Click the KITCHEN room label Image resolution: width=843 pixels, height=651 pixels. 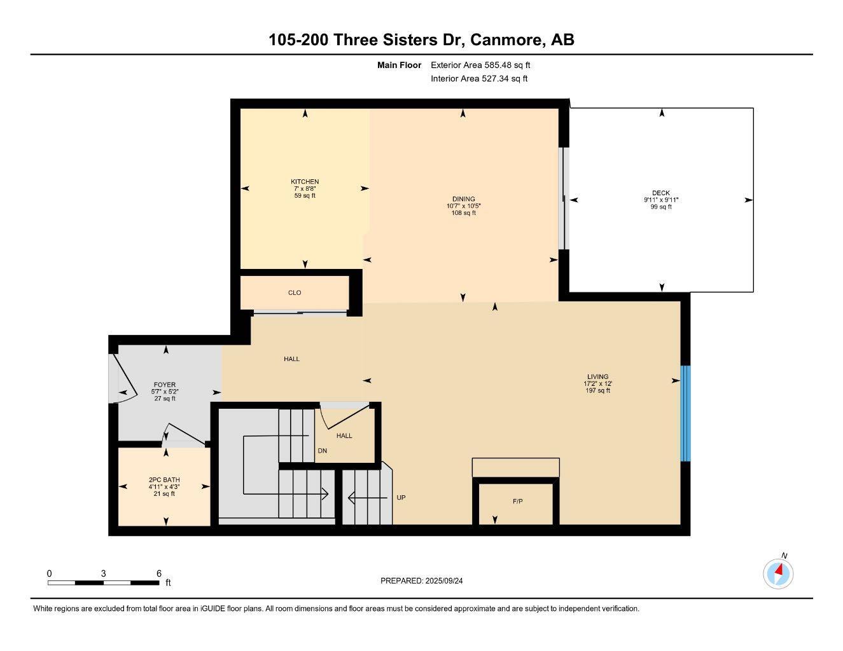click(x=305, y=182)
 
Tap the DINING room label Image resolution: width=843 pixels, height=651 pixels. click(x=463, y=199)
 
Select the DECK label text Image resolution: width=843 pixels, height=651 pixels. click(x=660, y=193)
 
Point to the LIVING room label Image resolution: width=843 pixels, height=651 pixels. click(x=597, y=376)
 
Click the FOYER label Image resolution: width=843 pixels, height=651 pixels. click(x=165, y=385)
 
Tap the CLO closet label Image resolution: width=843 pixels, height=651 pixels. click(x=294, y=292)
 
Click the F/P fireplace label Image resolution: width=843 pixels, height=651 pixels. click(x=517, y=502)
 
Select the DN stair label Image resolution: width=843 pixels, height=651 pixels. click(x=323, y=451)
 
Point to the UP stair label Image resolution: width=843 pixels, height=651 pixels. click(x=401, y=498)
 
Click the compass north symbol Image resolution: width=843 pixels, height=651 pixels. click(x=778, y=573)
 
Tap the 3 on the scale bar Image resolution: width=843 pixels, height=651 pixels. click(x=103, y=573)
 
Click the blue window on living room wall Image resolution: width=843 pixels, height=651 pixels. click(x=685, y=413)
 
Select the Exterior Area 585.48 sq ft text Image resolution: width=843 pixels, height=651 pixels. click(x=480, y=65)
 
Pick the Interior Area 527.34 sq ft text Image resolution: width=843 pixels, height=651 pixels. click(x=479, y=79)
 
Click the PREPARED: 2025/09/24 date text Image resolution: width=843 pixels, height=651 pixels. click(x=426, y=580)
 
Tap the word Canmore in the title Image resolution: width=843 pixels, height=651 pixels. click(x=506, y=39)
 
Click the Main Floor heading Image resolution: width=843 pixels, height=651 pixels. click(x=399, y=65)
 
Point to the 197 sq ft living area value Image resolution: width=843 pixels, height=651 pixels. click(x=597, y=390)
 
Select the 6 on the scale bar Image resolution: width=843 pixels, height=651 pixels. click(x=159, y=573)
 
